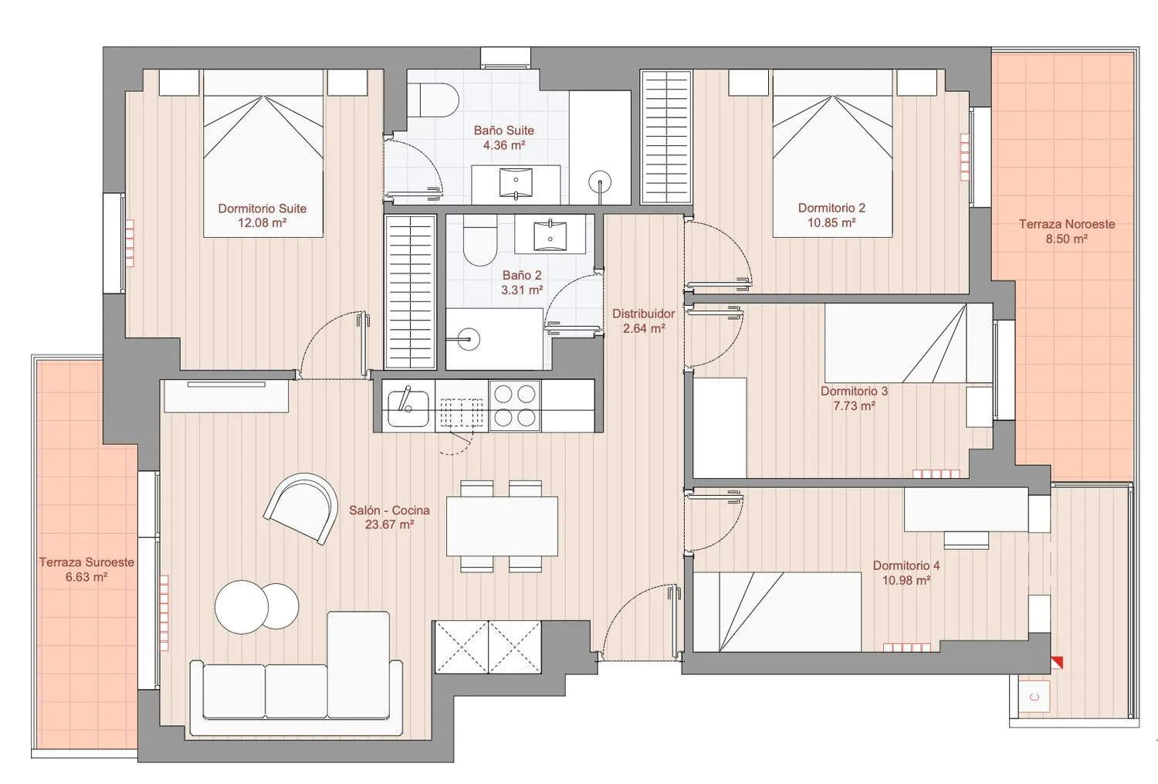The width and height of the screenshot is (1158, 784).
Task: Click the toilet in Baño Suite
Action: coord(438,100)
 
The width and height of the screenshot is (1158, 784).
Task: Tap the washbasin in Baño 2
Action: coord(550,234)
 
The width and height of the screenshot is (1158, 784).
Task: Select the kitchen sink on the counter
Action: coord(408,406)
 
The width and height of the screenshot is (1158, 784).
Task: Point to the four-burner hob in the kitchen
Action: coord(515,406)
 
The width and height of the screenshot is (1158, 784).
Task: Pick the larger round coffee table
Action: coord(242,607)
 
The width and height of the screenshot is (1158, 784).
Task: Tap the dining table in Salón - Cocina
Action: coord(502,526)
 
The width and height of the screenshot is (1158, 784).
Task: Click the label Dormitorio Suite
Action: coord(262,209)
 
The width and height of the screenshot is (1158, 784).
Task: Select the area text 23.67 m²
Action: coord(389,525)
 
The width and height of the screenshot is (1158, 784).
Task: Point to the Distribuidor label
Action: coord(644,314)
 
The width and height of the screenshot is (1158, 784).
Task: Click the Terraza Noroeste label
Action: coord(1067,224)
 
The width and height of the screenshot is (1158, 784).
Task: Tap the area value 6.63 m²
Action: coord(86,577)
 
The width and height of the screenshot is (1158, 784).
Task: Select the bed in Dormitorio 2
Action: coord(832,154)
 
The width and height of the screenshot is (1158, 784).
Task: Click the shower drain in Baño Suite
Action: coord(600,182)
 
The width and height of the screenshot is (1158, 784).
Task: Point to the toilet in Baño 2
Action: coord(479,240)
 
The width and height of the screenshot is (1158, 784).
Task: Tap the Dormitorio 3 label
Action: coord(854,391)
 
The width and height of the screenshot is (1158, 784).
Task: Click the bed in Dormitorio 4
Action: coord(777,612)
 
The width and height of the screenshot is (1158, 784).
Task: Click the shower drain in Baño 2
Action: coord(469,339)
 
